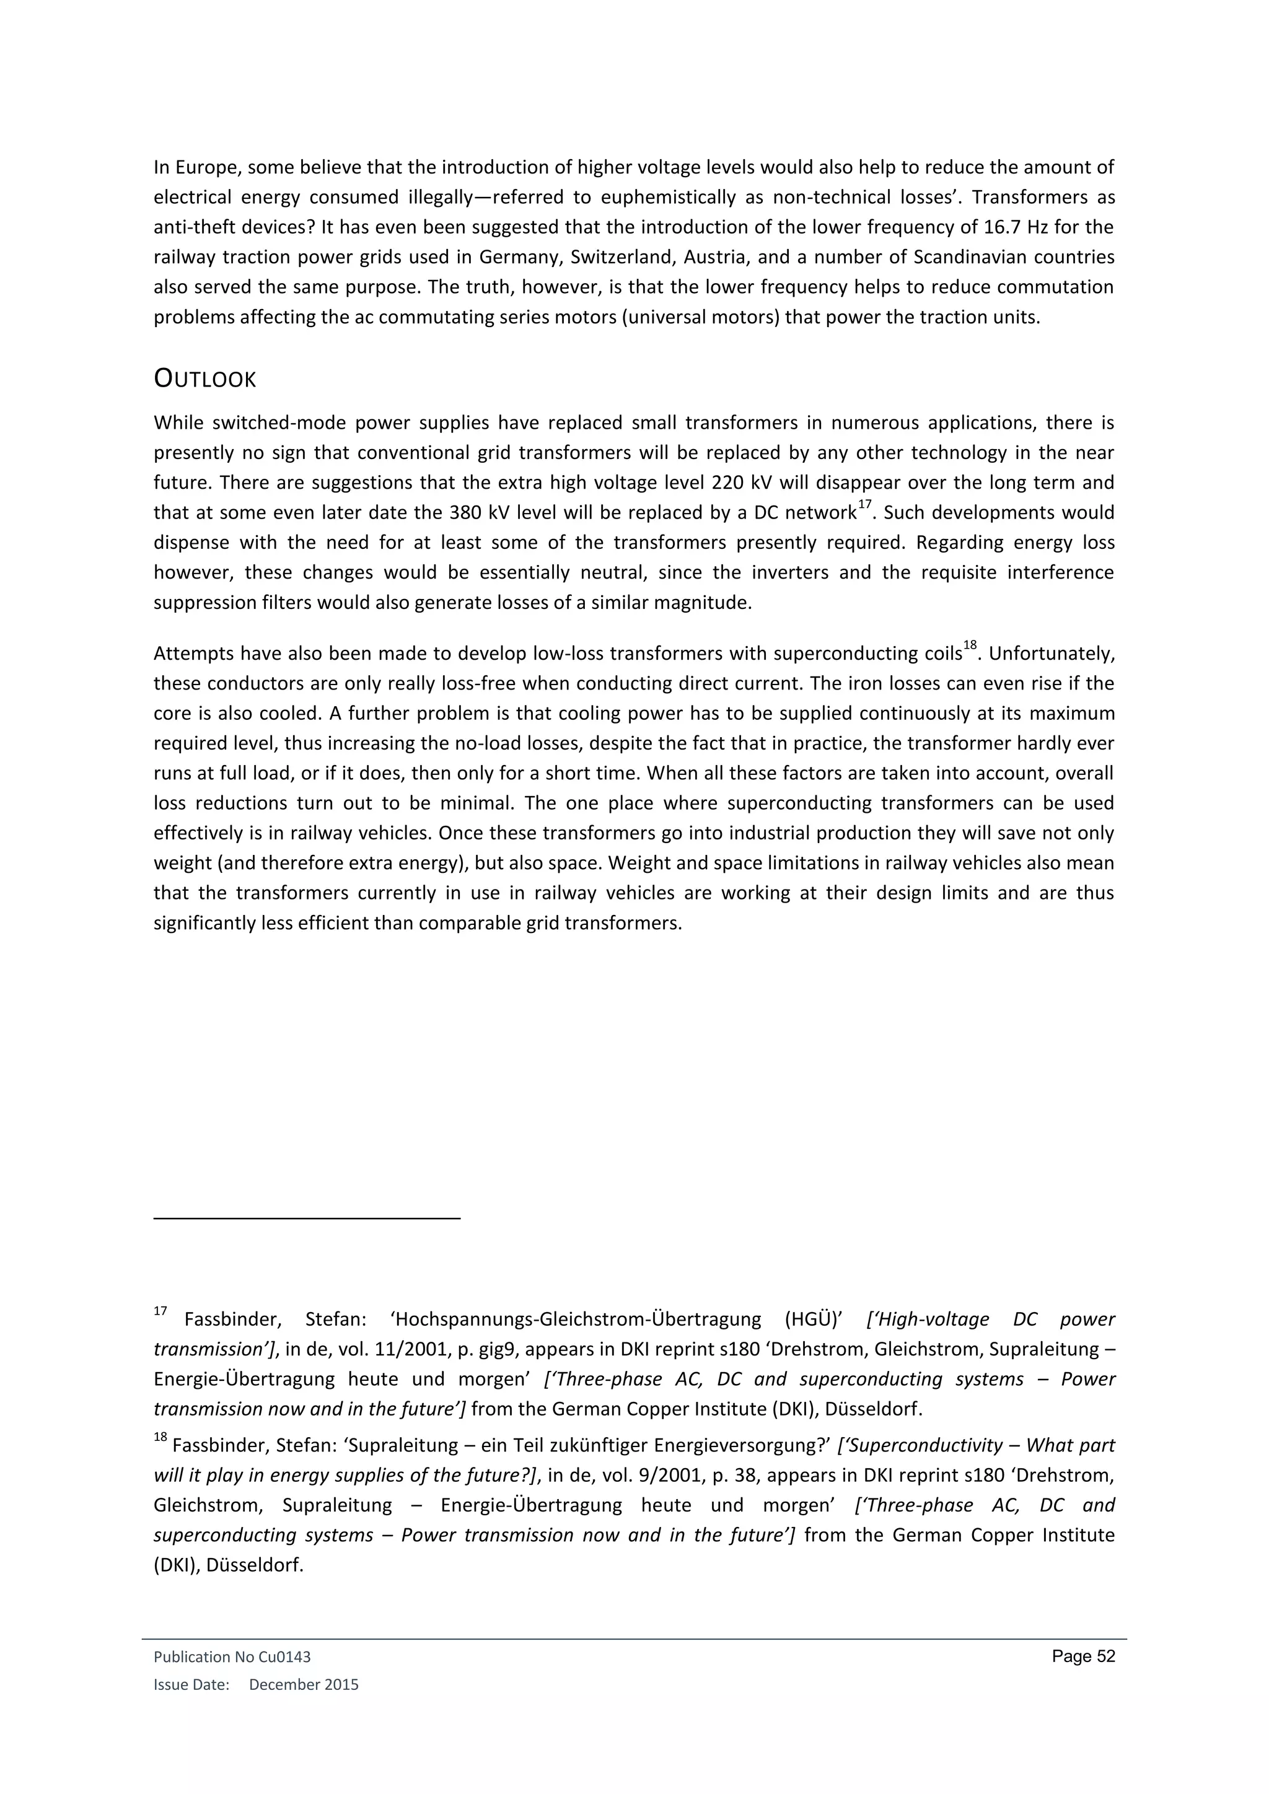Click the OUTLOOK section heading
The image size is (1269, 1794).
point(204,380)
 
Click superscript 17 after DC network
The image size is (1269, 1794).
point(864,505)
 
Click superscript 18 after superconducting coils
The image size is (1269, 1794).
point(970,645)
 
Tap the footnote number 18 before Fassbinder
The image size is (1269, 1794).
point(160,1437)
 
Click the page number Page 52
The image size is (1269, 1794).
point(1083,1656)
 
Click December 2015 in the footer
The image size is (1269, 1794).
point(303,1684)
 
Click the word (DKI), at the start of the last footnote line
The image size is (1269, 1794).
point(177,1565)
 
